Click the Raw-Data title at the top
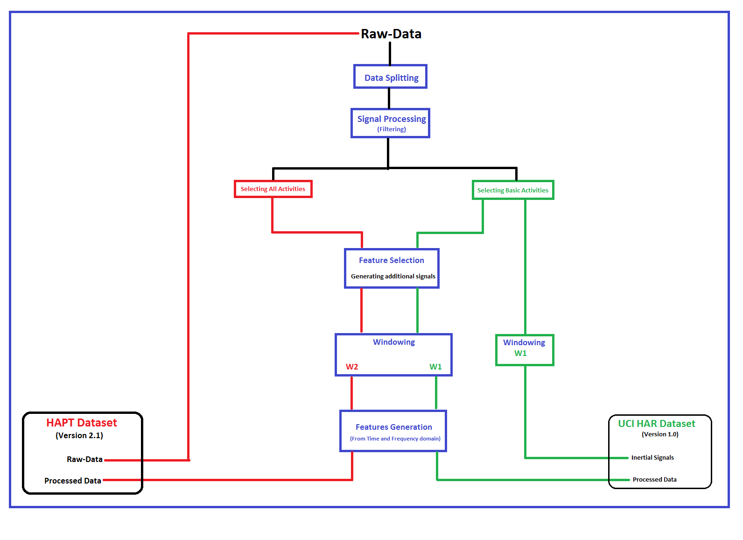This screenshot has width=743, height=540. [x=391, y=34]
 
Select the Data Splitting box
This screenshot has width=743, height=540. [x=391, y=77]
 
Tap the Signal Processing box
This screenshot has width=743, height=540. [x=391, y=122]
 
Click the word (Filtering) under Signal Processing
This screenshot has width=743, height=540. [x=392, y=129]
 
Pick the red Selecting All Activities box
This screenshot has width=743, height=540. [x=273, y=189]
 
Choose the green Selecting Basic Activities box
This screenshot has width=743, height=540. [x=513, y=190]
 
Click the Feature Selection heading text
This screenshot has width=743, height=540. [x=392, y=260]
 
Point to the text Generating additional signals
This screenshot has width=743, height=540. [x=393, y=277]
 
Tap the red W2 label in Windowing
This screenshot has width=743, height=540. [x=352, y=367]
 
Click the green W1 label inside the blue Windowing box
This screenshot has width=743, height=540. [x=435, y=367]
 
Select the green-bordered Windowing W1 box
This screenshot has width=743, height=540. [x=524, y=349]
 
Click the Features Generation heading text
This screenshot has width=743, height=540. [x=394, y=427]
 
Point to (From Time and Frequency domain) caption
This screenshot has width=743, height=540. [x=395, y=439]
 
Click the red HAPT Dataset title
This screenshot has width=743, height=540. [x=82, y=423]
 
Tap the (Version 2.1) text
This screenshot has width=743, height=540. [x=79, y=435]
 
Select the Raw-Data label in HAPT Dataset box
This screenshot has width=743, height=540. [x=84, y=460]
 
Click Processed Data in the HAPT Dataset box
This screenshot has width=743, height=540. [x=73, y=481]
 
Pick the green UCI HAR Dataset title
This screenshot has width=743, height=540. [x=657, y=424]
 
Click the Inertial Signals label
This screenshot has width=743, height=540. [x=652, y=458]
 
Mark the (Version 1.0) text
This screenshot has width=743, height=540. [x=660, y=434]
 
